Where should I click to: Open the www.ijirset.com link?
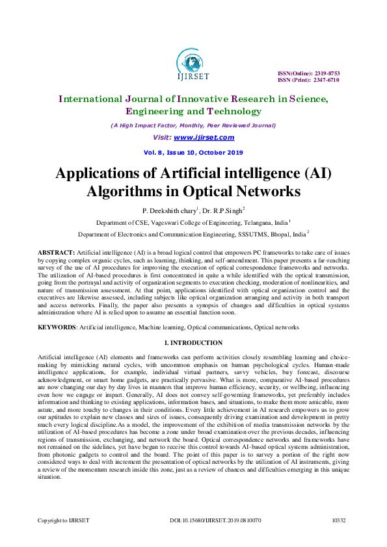click(204, 138)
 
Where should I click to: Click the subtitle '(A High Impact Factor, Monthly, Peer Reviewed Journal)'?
click(193, 125)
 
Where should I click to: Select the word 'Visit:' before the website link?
click(162, 138)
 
